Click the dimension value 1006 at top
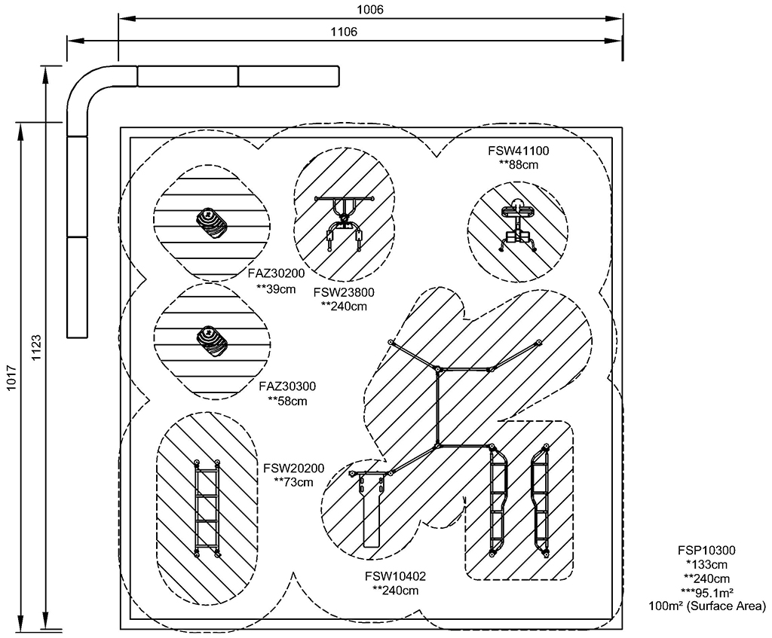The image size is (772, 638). [x=370, y=9]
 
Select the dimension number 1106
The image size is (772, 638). [x=344, y=32]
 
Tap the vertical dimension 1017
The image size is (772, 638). [x=12, y=378]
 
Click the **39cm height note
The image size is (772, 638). [x=276, y=288]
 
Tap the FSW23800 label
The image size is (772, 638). [x=344, y=293]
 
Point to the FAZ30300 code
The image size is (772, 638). [x=287, y=386]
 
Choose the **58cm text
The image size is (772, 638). [x=287, y=401]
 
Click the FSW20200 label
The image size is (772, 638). [x=293, y=468]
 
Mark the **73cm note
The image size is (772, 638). [x=293, y=482]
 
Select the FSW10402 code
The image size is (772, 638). [x=395, y=576]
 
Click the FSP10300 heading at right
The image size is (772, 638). [x=706, y=551]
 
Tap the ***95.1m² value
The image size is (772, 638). [x=706, y=592]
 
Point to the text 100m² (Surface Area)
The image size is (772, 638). [x=707, y=606]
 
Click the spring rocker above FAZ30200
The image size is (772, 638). [x=212, y=224]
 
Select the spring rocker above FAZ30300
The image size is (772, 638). [x=212, y=340]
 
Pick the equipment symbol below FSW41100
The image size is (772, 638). [x=517, y=225]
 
